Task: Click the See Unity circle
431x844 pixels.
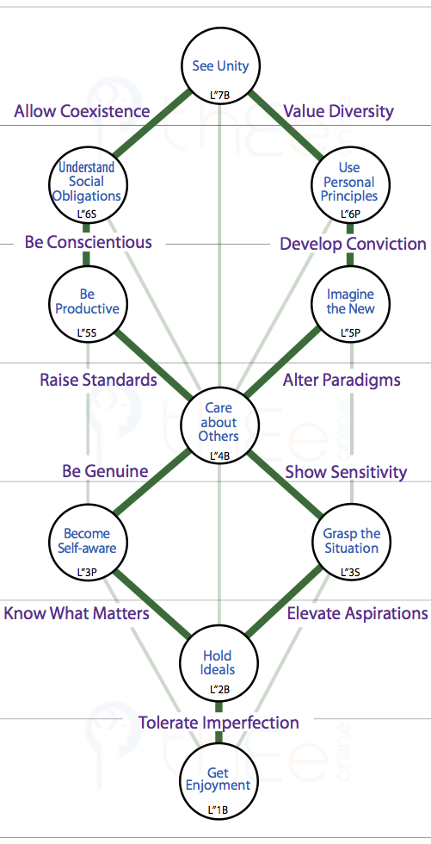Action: pos(220,67)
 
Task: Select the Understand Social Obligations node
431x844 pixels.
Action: pos(87,183)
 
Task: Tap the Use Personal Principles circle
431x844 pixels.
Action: pos(350,183)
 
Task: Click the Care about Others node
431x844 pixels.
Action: pos(219,423)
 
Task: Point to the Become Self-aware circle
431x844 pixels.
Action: pos(87,541)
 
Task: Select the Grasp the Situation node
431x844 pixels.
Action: pos(350,541)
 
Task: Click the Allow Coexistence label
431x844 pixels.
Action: pos(83,111)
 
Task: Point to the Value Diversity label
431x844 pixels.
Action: pos(339,111)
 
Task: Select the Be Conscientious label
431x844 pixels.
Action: pos(88,242)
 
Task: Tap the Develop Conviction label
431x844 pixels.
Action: pos(353,244)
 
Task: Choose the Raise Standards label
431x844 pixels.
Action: pos(98,380)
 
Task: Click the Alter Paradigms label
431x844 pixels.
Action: pos(342,380)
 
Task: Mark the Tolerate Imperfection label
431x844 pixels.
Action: pos(219,723)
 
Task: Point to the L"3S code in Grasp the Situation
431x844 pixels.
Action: pos(350,572)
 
